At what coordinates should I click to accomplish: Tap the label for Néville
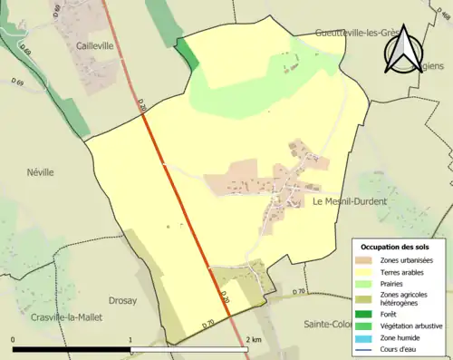[x=40, y=171]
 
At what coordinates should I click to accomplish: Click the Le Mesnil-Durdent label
[x=349, y=201]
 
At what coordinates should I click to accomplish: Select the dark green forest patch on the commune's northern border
[x=188, y=51]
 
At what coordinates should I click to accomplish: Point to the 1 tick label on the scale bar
[x=130, y=340]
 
